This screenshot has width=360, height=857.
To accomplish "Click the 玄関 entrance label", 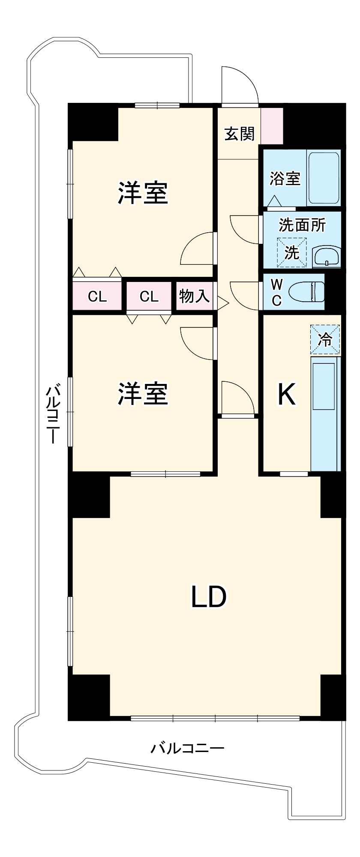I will (240, 134).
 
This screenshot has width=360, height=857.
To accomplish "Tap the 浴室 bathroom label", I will (285, 178).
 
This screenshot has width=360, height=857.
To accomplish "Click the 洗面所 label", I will (302, 225).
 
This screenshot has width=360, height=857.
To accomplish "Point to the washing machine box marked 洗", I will (292, 252).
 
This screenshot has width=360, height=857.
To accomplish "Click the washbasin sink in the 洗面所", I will (327, 257).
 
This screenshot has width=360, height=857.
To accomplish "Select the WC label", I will (277, 292).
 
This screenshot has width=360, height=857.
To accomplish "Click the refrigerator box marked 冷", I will (325, 339).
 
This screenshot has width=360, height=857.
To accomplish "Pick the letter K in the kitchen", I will (286, 394).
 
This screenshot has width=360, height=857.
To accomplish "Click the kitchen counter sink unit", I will (325, 414).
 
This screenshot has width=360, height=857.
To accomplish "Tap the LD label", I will (208, 597).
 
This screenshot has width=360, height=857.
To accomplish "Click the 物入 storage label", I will (194, 296).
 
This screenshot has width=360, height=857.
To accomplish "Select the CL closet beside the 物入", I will (149, 296).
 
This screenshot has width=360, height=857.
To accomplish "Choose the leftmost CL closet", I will (97, 296).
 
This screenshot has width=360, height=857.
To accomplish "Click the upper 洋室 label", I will (143, 193).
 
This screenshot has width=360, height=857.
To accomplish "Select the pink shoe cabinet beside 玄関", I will (272, 126).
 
